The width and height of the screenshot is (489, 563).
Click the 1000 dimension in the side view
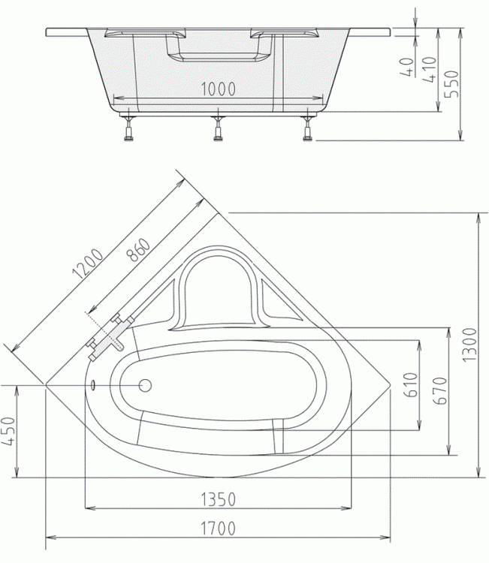[218, 89]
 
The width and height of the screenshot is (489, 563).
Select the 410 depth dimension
[430, 69]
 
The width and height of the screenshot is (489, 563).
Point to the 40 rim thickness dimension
[406, 67]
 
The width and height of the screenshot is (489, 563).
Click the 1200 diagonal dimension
[88, 263]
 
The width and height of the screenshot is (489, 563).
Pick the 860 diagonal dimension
[139, 249]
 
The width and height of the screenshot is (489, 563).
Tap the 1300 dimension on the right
[469, 345]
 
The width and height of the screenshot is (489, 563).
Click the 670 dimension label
[439, 390]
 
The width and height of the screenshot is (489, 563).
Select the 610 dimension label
[411, 384]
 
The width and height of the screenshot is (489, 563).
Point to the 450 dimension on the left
[8, 431]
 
